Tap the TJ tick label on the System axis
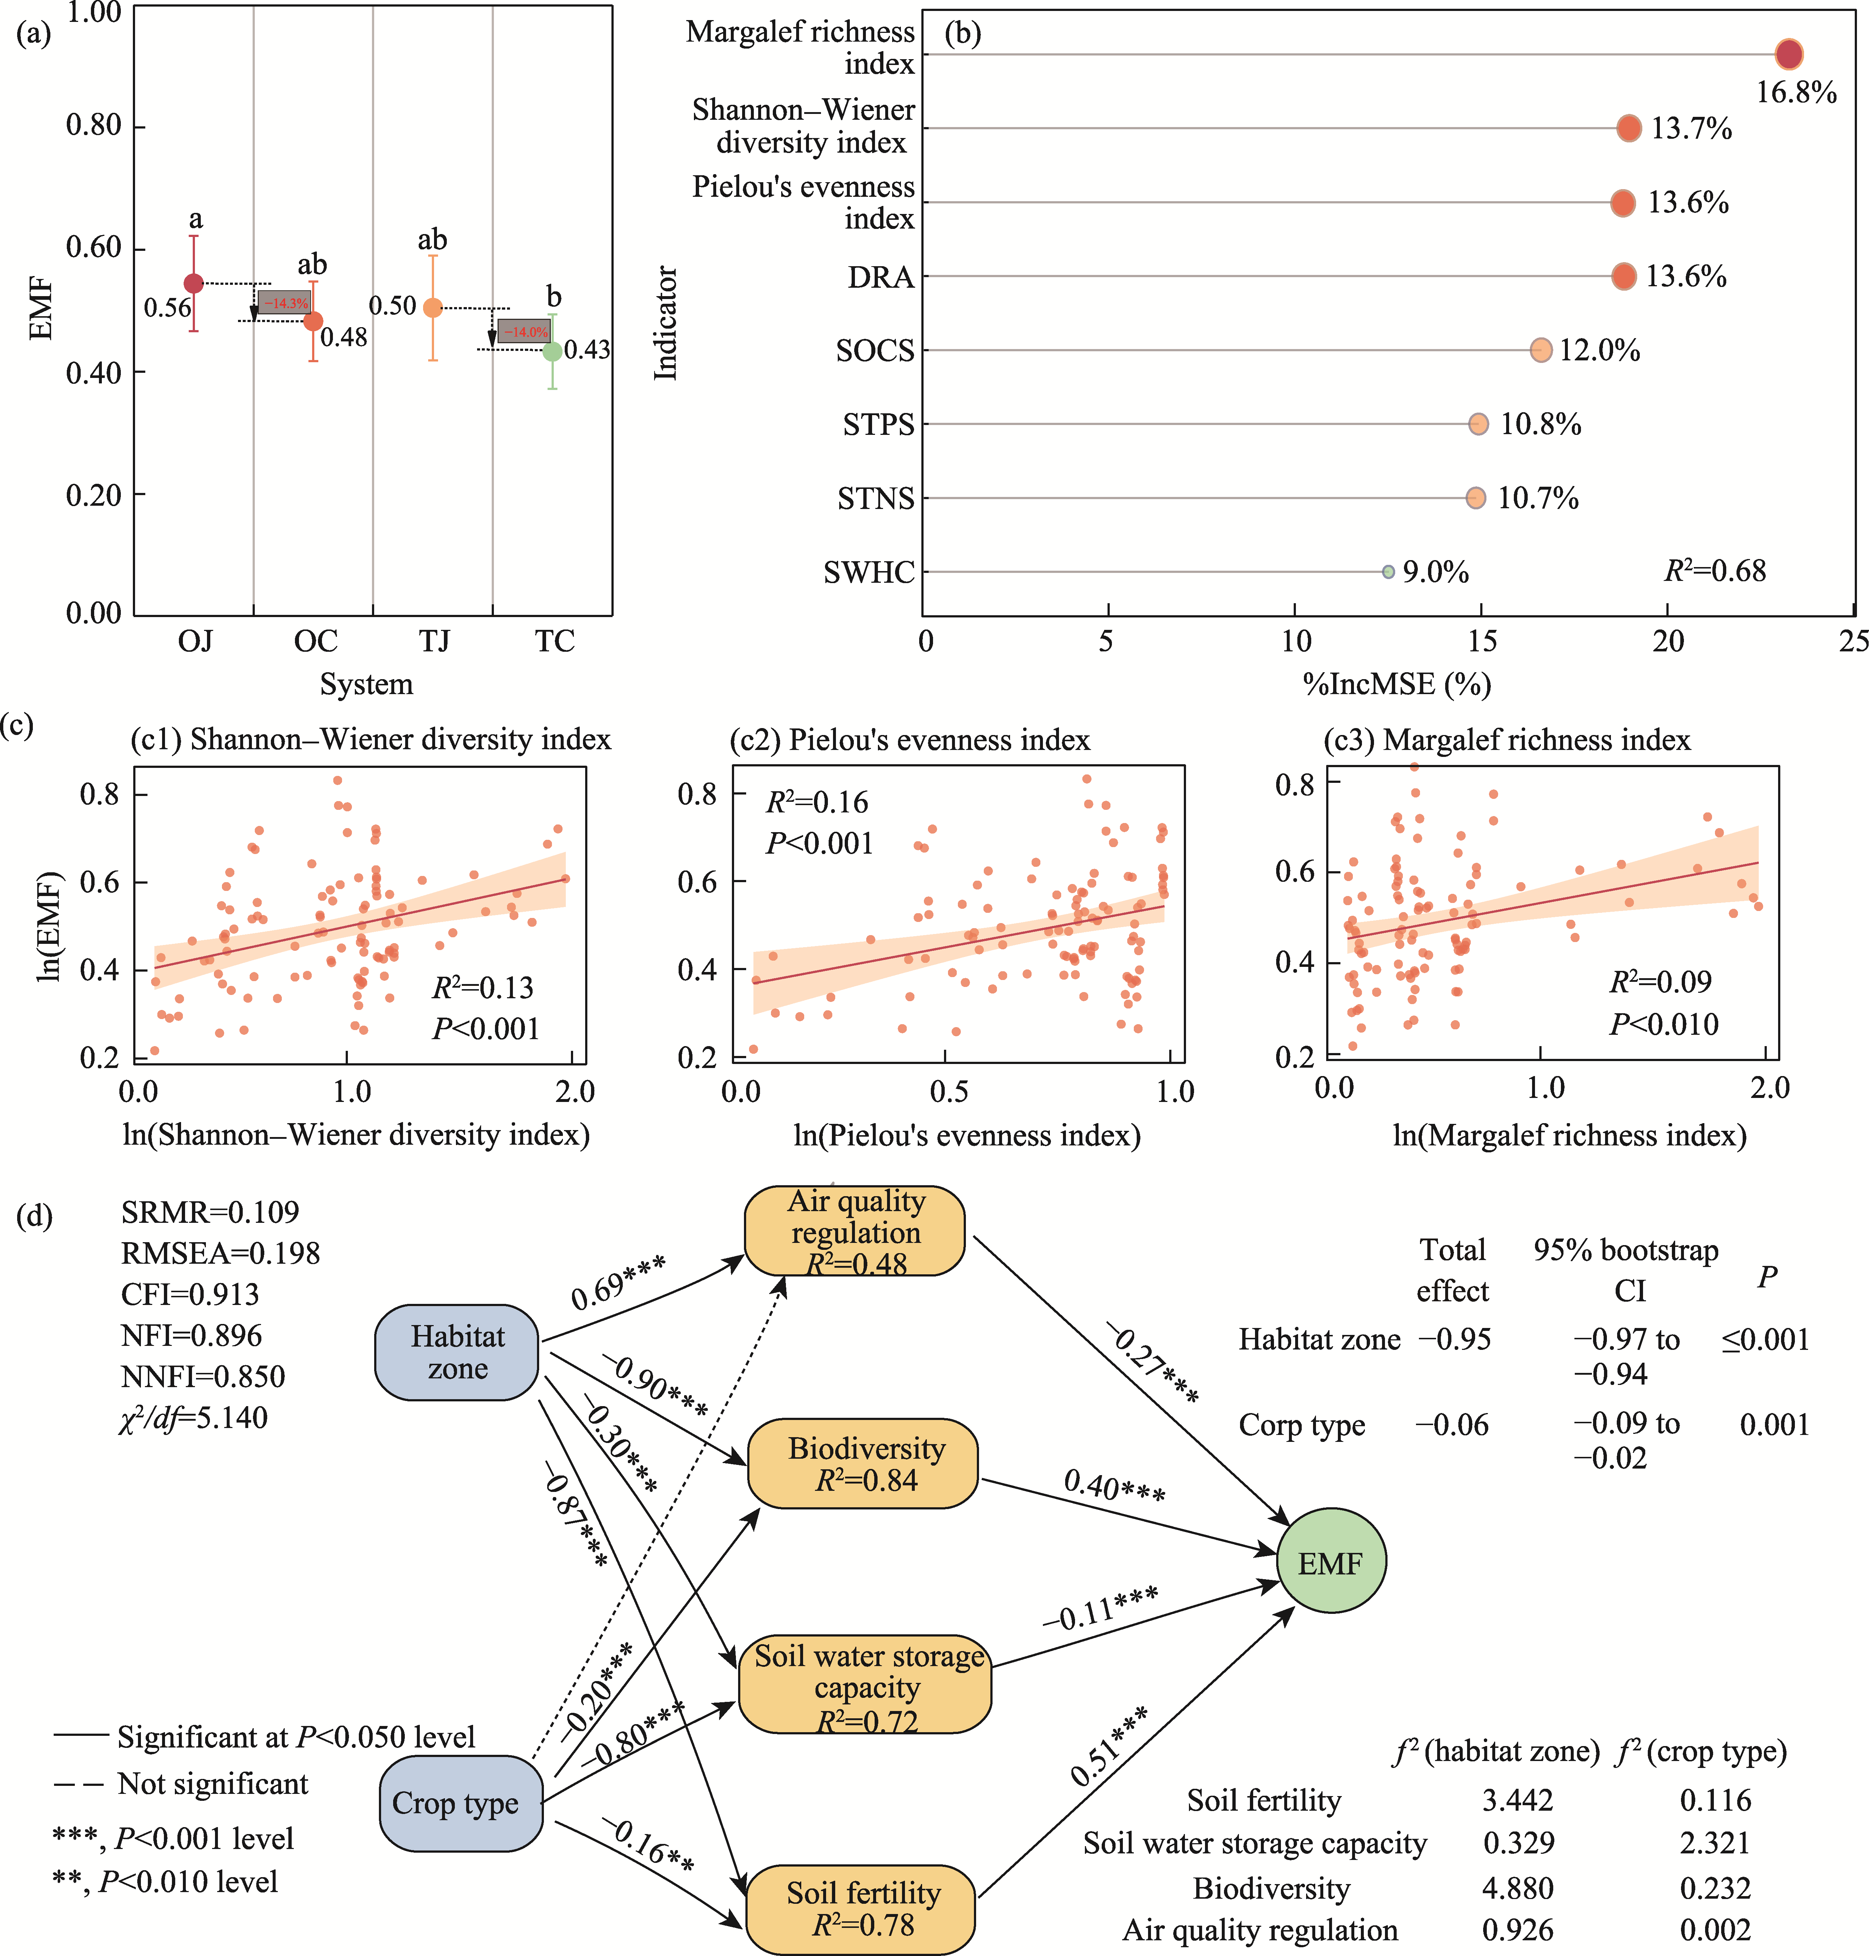click(x=434, y=641)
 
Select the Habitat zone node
click(x=457, y=1352)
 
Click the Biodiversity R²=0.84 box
click(x=864, y=1463)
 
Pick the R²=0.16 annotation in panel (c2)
click(x=817, y=802)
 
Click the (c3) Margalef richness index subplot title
click(x=1507, y=740)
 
